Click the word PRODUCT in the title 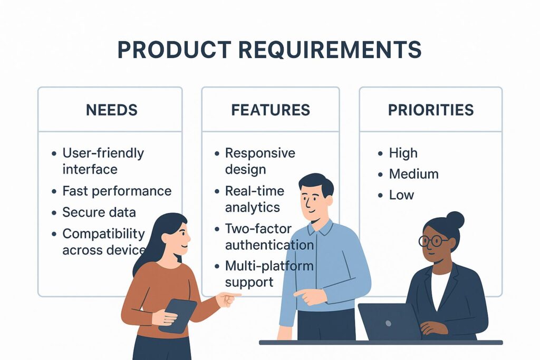pyautogui.click(x=174, y=50)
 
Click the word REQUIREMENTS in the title pyautogui.click(x=330, y=50)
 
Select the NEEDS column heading pyautogui.click(x=112, y=110)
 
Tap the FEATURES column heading pyautogui.click(x=271, y=110)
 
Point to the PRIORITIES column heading pyautogui.click(x=431, y=110)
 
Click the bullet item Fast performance pyautogui.click(x=117, y=191)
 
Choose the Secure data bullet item pyautogui.click(x=99, y=212)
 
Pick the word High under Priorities pyautogui.click(x=403, y=153)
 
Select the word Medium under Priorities pyautogui.click(x=413, y=174)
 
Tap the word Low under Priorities pyautogui.click(x=401, y=195)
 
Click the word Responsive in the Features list pyautogui.click(x=260, y=153)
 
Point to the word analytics pyautogui.click(x=253, y=208)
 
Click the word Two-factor pyautogui.click(x=258, y=229)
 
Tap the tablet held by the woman pyautogui.click(x=178, y=316)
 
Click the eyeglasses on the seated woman pyautogui.click(x=433, y=240)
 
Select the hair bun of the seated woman pyautogui.click(x=455, y=220)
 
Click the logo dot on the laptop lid pyautogui.click(x=389, y=324)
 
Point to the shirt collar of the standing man pyautogui.click(x=320, y=228)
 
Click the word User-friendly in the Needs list pyautogui.click(x=103, y=153)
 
